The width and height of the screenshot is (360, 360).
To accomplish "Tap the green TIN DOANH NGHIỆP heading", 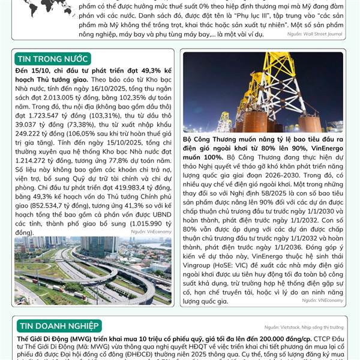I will (x=59, y=326).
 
